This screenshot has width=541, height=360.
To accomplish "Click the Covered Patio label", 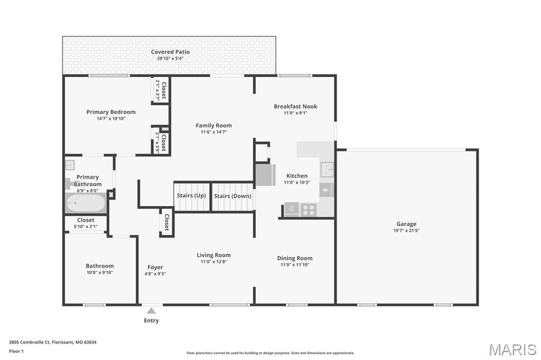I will coord(170,52).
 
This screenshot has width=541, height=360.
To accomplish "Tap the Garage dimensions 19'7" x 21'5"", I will coord(406,231).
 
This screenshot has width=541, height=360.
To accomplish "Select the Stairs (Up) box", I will coord(192,196).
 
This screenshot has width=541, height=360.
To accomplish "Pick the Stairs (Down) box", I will coord(232,196).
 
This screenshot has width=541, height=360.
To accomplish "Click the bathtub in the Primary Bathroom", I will coord(86,203).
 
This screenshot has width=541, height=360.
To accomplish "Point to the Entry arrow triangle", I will coord(152,311).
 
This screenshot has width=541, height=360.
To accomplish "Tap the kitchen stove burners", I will coord(308,210).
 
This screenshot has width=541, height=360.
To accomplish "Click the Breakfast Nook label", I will coord(295,106).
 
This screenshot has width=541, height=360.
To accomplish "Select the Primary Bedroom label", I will coord(111,112).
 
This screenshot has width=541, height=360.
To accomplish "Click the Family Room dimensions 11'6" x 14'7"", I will coord(213,132).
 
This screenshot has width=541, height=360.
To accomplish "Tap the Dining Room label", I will coord(295,258).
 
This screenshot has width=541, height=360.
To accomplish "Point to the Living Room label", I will coord(213,255).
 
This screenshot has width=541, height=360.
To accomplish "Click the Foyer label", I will coord(155,267).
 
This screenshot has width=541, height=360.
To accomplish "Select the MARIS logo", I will coord(512,349).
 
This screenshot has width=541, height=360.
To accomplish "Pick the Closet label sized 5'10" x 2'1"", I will coord(86,220).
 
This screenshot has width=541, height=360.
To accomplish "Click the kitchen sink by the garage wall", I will coord(327,169).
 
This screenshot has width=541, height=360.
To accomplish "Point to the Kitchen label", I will coord(296,176).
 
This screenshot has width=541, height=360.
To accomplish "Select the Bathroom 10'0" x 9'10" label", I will coord(100,266).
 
